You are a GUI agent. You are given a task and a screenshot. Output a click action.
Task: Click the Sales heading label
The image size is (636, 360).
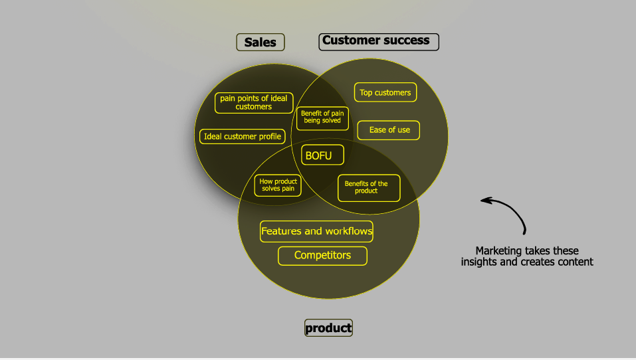pyautogui.click(x=261, y=43)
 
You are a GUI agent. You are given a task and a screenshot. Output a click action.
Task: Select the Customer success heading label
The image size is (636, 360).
pyautogui.click(x=379, y=41)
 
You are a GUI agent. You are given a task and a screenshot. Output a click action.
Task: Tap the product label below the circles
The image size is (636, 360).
pyautogui.click(x=328, y=327)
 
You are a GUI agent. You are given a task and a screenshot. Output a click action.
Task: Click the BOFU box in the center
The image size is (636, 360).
pyautogui.click(x=322, y=155)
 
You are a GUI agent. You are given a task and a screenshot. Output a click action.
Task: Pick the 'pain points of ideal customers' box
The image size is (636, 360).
pyautogui.click(x=254, y=102)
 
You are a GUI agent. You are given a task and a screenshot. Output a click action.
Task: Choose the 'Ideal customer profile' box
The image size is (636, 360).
pyautogui.click(x=243, y=137)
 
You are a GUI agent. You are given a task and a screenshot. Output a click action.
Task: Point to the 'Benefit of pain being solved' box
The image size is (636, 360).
pyautogui.click(x=322, y=118)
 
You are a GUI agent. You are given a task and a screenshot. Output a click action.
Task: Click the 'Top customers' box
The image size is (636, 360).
pyautogui.click(x=385, y=93)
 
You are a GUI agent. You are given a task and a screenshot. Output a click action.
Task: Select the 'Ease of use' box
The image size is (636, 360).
pyautogui.click(x=389, y=130)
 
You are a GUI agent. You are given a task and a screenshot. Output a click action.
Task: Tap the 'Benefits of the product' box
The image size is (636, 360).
pyautogui.click(x=369, y=188)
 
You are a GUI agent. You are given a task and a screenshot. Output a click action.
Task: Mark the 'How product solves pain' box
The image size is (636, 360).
pyautogui.click(x=278, y=185)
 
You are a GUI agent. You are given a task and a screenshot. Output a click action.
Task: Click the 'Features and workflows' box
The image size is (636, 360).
pyautogui.click(x=316, y=232)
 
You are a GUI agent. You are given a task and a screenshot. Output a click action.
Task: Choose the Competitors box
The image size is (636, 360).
pyautogui.click(x=322, y=256)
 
